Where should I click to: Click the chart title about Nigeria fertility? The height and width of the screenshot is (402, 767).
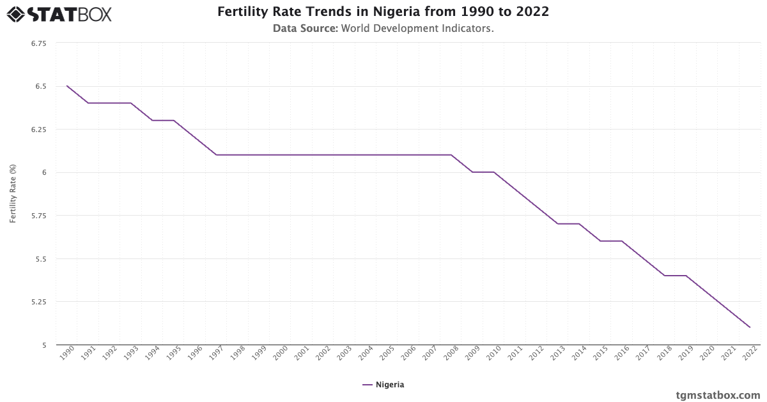coord(383,12)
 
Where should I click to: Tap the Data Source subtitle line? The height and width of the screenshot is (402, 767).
coord(383,29)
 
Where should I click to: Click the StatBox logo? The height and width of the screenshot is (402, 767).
coord(59,13)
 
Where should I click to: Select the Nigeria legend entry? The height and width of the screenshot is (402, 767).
coord(383,385)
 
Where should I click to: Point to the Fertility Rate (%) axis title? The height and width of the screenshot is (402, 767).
coord(13,193)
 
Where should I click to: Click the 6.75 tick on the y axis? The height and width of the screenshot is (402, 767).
coord(38,43)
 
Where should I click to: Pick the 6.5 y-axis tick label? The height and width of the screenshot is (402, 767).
coord(41,86)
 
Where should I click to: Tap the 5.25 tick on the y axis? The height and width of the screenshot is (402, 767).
coord(38,302)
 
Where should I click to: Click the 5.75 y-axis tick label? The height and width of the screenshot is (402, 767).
coord(38,216)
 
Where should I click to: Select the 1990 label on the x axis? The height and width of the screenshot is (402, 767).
coord(68,354)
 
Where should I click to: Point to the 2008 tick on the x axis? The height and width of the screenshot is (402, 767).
coord(451,354)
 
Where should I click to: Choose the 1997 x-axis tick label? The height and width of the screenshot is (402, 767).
coord(217,354)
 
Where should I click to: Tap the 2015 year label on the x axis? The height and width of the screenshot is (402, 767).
coord(600,354)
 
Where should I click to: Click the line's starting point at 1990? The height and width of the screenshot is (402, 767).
coord(67,86)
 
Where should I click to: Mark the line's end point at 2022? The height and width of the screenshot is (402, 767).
coord(750,327)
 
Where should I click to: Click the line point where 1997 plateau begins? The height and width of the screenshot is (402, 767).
coord(217,155)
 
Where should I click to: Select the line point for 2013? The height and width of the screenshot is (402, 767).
coord(558,224)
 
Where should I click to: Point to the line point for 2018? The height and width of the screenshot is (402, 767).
coord(665,276)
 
